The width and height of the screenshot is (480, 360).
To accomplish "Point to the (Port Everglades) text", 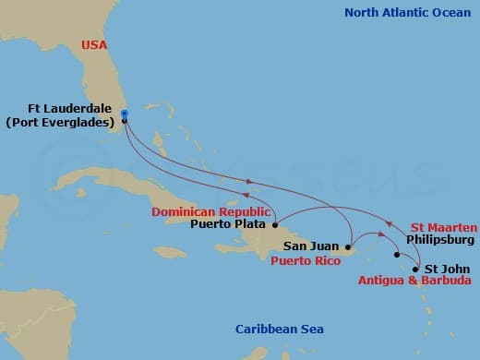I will (65, 122).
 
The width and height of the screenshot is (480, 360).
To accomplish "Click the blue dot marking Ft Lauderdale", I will (125, 115).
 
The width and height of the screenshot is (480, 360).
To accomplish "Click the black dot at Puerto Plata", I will (275, 223).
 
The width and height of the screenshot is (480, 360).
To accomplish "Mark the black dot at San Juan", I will (347, 247).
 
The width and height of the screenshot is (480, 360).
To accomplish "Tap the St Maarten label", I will (443, 227).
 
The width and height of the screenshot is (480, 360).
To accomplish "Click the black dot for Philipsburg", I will (397, 255).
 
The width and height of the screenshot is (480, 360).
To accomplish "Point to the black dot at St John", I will (416, 270).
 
